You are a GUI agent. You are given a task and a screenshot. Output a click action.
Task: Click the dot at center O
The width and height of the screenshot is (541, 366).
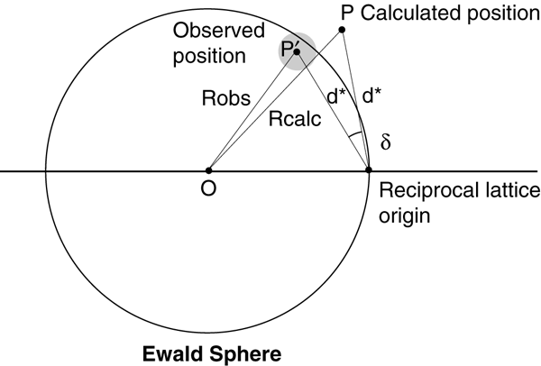(x=208, y=170)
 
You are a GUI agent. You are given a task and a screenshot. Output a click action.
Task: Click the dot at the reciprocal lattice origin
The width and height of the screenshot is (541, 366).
(x=369, y=170)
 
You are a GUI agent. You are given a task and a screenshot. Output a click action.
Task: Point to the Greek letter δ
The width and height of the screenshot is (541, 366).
(x=386, y=142)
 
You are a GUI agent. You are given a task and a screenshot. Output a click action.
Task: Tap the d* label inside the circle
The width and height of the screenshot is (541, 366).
(x=337, y=97)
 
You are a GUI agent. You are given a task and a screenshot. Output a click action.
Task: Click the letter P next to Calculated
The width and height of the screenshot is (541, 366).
(x=347, y=13)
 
